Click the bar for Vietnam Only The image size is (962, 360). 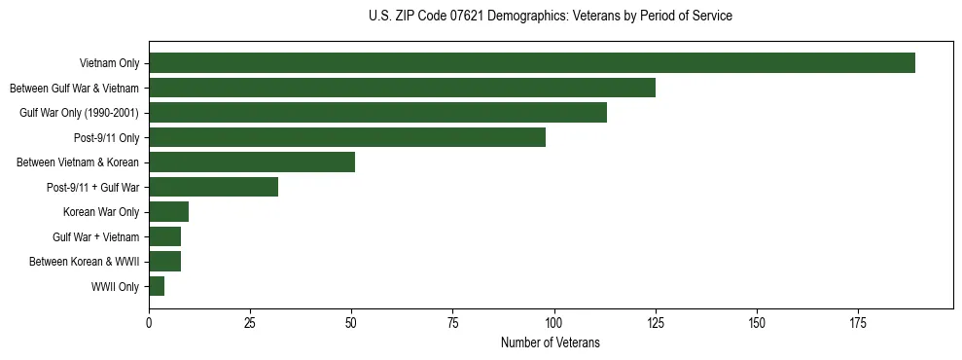pyautogui.click(x=531, y=63)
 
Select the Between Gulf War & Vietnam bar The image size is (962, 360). pyautogui.click(x=402, y=88)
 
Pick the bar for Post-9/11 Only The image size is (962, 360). pyautogui.click(x=347, y=137)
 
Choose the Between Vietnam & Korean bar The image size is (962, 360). pyautogui.click(x=252, y=162)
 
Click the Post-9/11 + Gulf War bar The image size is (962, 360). pyautogui.click(x=213, y=187)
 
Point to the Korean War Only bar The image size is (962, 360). pyautogui.click(x=168, y=212)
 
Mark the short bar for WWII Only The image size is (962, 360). pyautogui.click(x=157, y=286)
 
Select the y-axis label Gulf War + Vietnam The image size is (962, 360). pyautogui.click(x=95, y=236)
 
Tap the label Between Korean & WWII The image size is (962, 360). pyautogui.click(x=84, y=262)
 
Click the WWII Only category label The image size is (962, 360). pyautogui.click(x=115, y=287)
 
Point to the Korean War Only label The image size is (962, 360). pyautogui.click(x=101, y=212)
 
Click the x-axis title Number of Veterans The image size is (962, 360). pyautogui.click(x=550, y=343)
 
